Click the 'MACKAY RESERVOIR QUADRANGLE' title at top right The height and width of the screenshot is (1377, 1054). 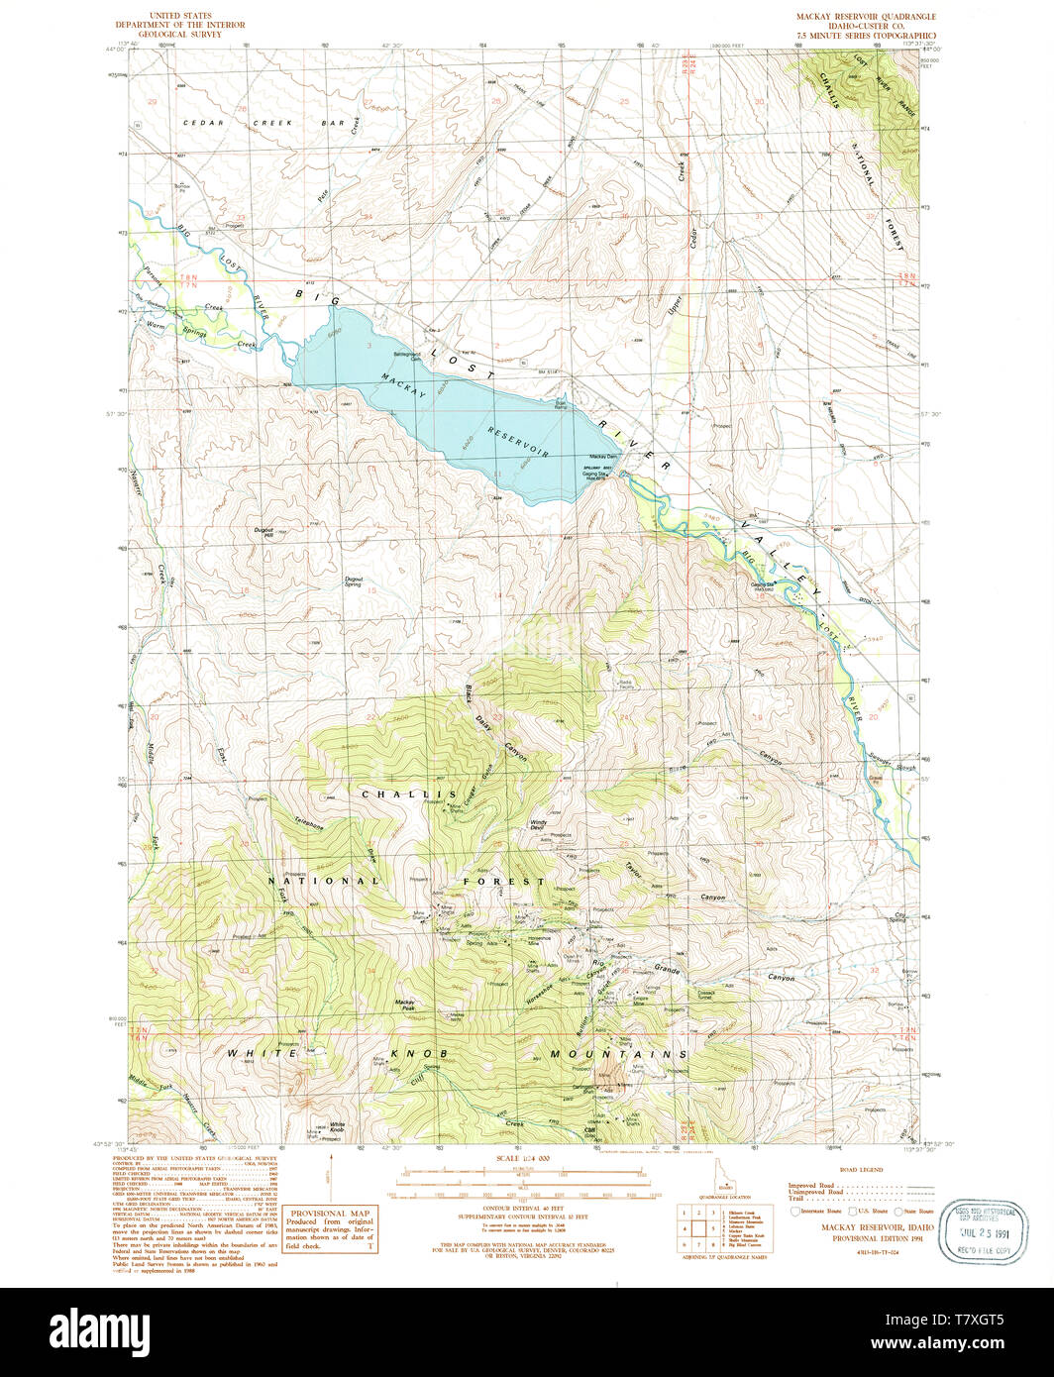[x=865, y=18]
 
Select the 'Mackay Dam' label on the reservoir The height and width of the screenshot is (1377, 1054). [x=590, y=456]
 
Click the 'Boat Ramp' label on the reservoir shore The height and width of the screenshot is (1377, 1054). [x=562, y=405]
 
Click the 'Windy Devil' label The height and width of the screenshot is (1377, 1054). [x=539, y=824]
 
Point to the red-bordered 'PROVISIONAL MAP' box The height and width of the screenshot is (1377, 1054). [x=331, y=1228]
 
